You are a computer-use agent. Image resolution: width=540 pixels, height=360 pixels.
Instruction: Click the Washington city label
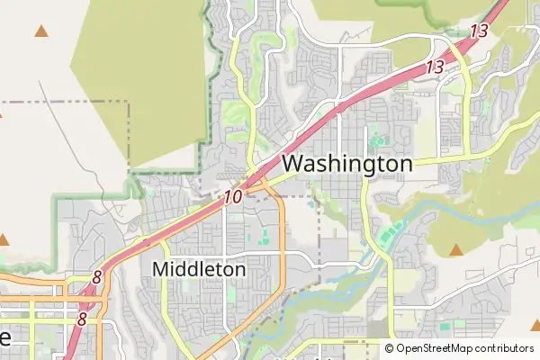(347, 164)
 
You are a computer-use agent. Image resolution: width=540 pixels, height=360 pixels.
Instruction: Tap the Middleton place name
(199, 268)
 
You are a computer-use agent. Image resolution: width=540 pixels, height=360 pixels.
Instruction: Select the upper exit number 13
(479, 31)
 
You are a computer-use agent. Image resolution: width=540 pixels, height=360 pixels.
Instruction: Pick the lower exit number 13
(436, 67)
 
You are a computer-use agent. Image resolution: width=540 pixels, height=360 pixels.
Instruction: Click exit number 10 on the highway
(233, 195)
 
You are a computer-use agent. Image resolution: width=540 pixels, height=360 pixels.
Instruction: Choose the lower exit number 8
(82, 319)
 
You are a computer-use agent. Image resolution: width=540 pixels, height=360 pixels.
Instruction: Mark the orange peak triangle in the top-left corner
(40, 31)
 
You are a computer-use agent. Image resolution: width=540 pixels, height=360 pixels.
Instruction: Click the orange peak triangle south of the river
(456, 249)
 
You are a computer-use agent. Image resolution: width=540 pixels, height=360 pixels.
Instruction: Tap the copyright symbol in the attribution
(390, 347)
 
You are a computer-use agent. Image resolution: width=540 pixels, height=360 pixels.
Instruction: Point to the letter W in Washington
(294, 164)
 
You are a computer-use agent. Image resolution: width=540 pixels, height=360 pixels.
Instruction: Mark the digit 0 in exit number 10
(238, 195)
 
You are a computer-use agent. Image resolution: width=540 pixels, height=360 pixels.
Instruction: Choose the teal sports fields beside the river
(389, 237)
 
